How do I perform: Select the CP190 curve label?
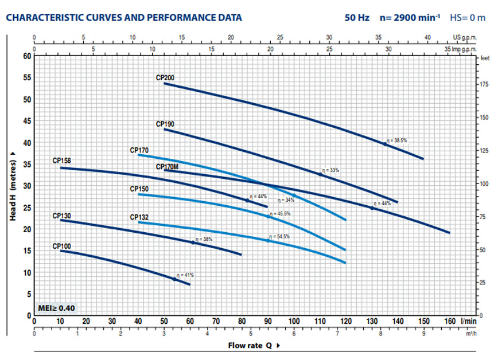coord(165,124)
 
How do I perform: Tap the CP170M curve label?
coord(167,167)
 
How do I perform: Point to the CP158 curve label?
coord(61,161)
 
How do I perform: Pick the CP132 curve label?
coord(139,217)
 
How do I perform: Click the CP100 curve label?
coord(61,246)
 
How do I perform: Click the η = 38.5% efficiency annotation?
coord(396,140)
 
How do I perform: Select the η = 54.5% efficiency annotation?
coord(279,236)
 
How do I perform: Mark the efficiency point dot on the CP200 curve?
coord(385,144)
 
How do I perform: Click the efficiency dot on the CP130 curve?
coord(193,242)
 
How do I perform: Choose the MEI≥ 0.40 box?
coord(56,308)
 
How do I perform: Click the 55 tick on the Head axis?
coord(26,77)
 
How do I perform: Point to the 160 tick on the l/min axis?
coord(449,322)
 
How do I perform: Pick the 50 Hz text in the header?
coord(357,18)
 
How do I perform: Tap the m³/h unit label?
coord(470,332)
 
